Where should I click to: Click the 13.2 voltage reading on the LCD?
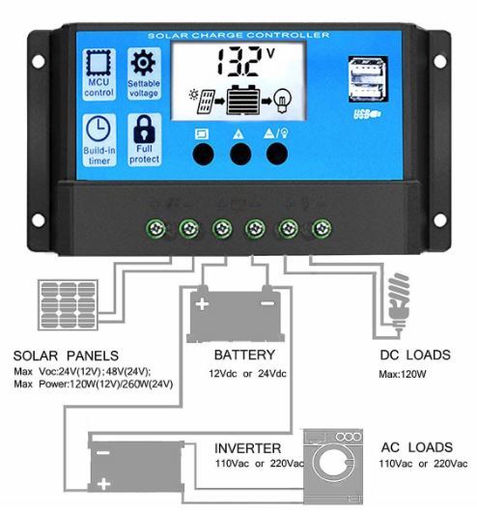(x=240, y=62)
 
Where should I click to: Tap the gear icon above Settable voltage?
(x=143, y=63)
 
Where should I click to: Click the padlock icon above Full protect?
(x=144, y=128)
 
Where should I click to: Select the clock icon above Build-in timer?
(x=98, y=128)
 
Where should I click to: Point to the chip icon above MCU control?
(x=98, y=64)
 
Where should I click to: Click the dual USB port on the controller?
(x=368, y=79)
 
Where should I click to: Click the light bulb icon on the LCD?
(x=282, y=100)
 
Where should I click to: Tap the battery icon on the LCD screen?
(x=243, y=100)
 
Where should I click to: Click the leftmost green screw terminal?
(x=156, y=228)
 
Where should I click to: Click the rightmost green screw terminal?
(x=322, y=228)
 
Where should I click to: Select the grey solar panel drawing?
(x=68, y=304)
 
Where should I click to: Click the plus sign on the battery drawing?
(x=202, y=304)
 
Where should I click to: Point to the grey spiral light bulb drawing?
(x=399, y=301)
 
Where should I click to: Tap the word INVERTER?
(x=247, y=448)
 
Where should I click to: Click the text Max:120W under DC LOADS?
(x=403, y=374)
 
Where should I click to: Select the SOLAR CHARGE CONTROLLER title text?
(x=238, y=35)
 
